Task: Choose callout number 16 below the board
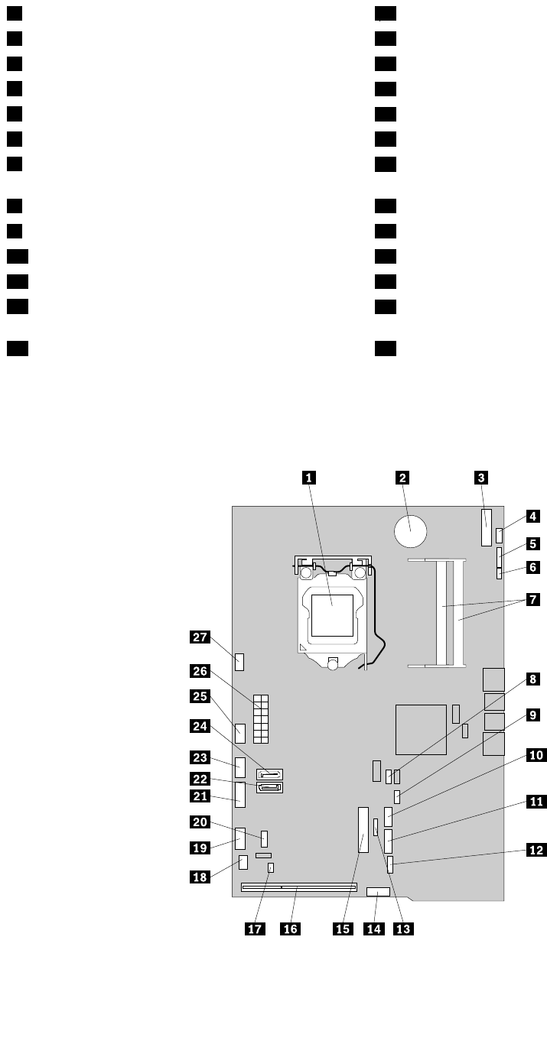(290, 929)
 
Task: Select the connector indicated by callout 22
(271, 789)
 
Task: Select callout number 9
(536, 715)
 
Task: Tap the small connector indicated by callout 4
(499, 533)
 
